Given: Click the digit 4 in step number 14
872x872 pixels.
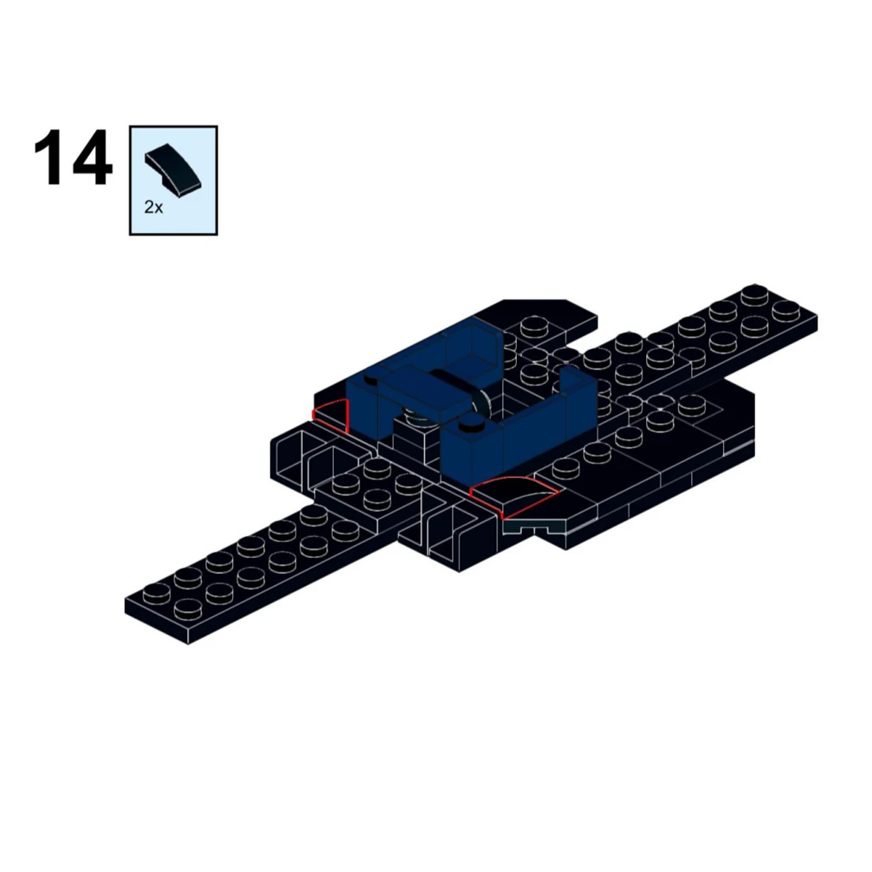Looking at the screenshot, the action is [x=91, y=159].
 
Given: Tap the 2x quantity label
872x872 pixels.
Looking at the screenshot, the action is [x=154, y=208].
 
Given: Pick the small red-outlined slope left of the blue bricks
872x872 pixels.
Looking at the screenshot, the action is [x=331, y=415].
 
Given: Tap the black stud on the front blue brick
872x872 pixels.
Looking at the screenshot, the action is [x=473, y=423].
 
